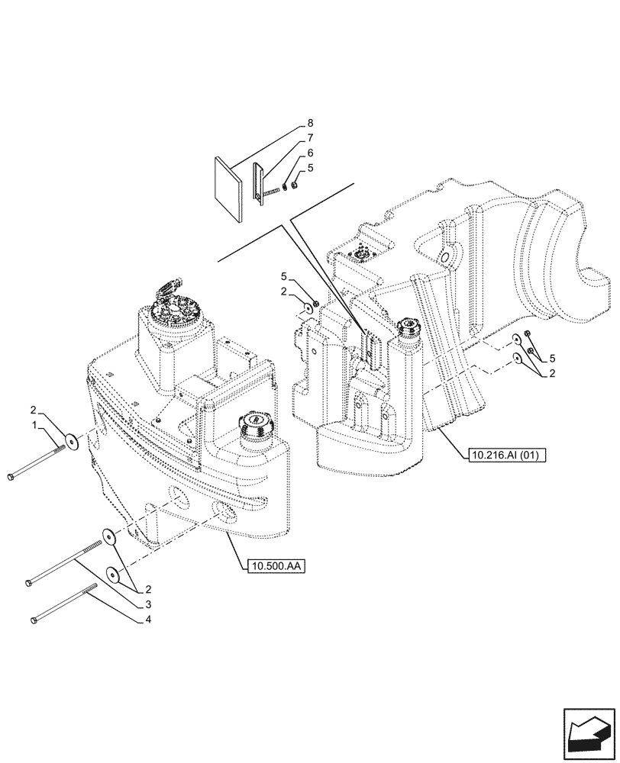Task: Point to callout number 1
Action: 34,423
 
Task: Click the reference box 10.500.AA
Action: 274,566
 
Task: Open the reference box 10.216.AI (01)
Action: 502,456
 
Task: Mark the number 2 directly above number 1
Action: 34,409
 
